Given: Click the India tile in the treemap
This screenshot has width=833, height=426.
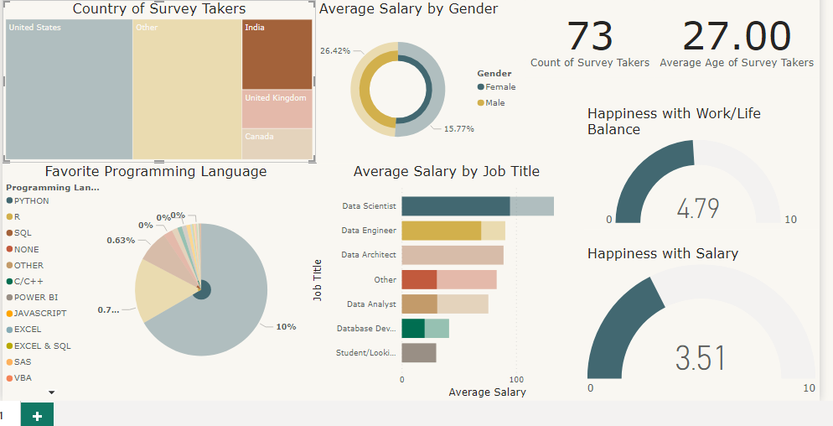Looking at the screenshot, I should (277, 55).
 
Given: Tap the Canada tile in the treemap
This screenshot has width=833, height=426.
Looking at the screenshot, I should (277, 143).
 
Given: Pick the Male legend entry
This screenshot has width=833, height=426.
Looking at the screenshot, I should (494, 103).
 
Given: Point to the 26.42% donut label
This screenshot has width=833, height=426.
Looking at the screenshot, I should (334, 50).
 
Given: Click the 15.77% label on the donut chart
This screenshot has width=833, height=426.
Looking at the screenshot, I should (458, 129).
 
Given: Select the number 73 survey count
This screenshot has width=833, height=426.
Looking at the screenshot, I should (590, 37).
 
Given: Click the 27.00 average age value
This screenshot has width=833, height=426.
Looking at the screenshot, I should (736, 37).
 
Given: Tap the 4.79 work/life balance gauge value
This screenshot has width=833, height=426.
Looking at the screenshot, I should (698, 208).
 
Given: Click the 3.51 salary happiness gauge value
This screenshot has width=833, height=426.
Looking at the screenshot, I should (701, 358).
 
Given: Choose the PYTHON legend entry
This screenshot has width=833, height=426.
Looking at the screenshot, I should (31, 201).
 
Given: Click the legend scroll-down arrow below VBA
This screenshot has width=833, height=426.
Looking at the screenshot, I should (51, 392).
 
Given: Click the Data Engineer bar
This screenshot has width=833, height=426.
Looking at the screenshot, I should (441, 231).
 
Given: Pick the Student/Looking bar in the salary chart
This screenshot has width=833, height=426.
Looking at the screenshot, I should (418, 352).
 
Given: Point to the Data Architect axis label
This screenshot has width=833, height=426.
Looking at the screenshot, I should (369, 255).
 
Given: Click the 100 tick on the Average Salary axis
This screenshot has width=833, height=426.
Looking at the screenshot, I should (516, 380).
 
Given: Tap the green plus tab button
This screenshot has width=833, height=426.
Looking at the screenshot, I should (37, 414).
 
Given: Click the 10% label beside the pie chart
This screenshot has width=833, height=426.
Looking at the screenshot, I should (286, 326).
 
